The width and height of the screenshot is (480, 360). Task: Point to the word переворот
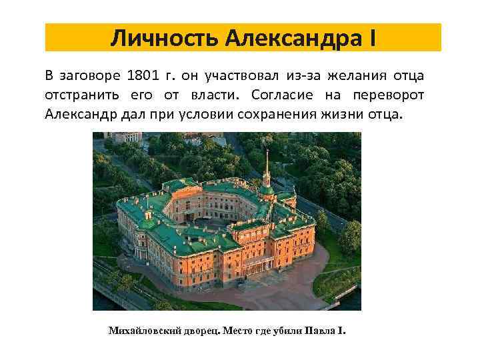click(x=388, y=95)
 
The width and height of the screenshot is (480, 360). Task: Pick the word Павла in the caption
click(x=321, y=331)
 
